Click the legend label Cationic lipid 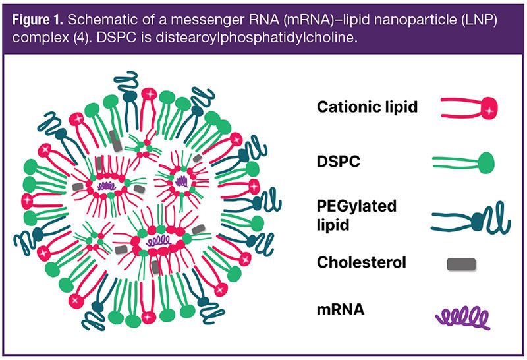point(367,107)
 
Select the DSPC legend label point(338,160)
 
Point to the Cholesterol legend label point(362,263)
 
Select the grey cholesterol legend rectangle point(462,264)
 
